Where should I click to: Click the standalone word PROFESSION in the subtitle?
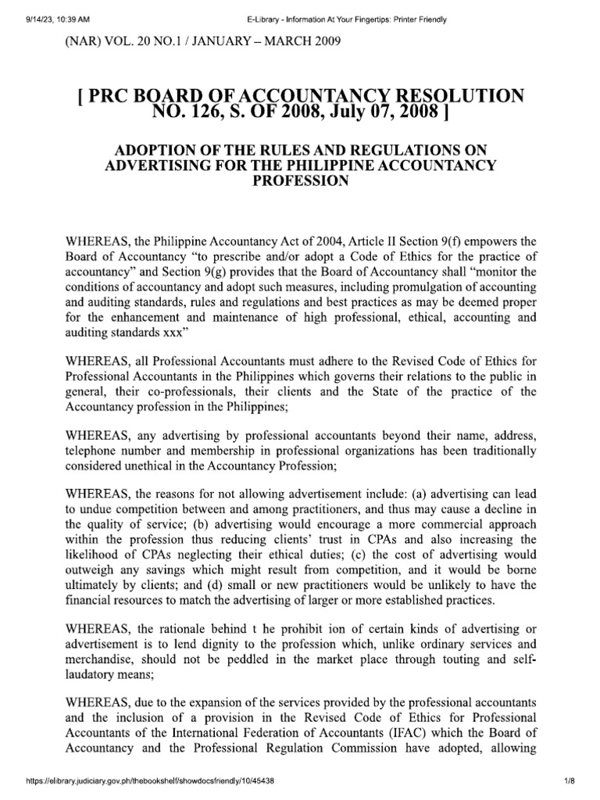click(298, 180)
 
